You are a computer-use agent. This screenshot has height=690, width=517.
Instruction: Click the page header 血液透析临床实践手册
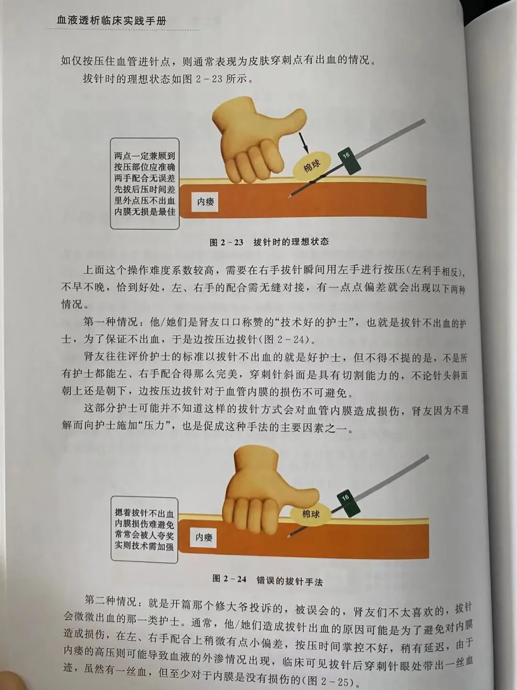112,21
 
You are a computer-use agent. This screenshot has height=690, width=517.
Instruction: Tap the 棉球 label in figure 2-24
311,514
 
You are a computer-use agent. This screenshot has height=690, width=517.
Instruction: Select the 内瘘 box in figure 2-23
205,202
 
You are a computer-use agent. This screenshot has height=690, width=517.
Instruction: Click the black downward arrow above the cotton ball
303,143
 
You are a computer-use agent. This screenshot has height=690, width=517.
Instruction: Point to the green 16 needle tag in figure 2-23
349,160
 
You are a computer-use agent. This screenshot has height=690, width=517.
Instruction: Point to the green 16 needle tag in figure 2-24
348,503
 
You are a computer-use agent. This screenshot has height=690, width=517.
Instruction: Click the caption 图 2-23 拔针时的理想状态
269,242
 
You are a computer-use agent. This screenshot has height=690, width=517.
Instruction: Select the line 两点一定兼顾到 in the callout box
145,156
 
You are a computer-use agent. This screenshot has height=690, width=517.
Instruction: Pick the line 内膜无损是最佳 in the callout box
145,212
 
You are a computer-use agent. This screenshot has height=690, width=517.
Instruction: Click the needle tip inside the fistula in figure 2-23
289,197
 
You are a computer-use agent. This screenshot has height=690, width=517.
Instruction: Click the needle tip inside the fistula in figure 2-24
288,536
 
